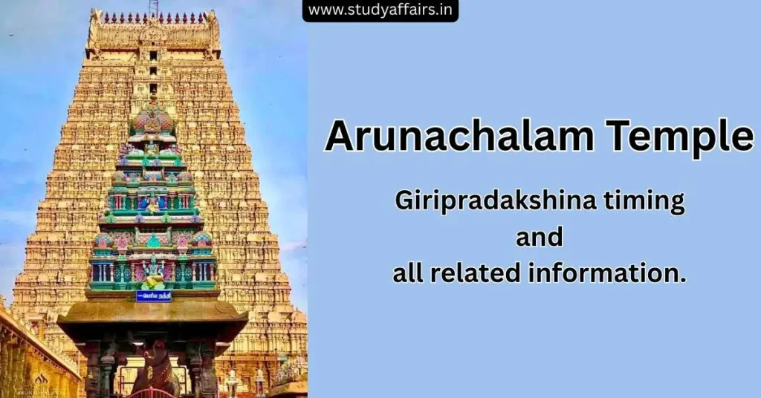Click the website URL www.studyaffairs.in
380,10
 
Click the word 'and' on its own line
540,237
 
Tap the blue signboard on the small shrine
153,296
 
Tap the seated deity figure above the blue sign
153,275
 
